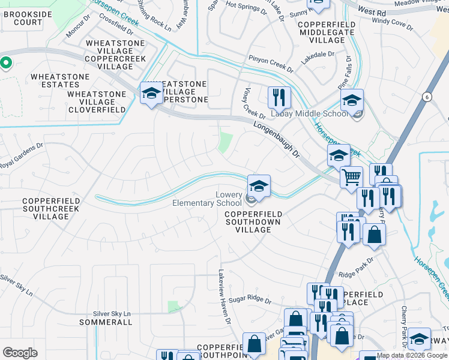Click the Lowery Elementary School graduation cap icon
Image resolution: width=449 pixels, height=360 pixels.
click(259, 185)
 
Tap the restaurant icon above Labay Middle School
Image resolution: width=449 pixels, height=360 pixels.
click(279, 97)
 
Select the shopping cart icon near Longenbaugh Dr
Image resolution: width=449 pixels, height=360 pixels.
click(351, 177)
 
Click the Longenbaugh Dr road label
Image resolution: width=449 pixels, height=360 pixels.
click(276, 137)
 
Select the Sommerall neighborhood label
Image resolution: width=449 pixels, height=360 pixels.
click(106, 322)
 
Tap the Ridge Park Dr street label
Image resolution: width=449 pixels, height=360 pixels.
click(356, 268)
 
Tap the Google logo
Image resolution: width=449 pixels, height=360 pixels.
click(20, 353)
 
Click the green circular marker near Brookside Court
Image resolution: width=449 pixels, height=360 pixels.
click(6, 62)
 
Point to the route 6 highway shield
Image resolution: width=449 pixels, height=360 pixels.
click(426, 97)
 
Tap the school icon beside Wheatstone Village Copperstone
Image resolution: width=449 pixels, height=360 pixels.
click(151, 94)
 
